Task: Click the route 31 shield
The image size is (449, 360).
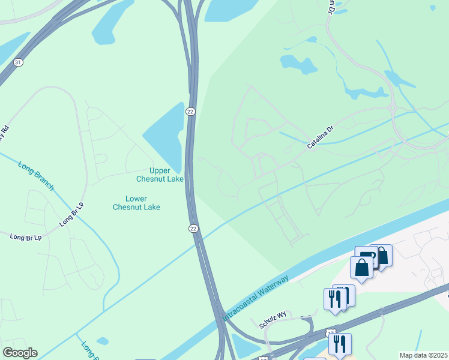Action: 19,62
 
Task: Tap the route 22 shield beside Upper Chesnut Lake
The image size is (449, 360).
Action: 190,112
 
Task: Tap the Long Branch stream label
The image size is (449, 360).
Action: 36,176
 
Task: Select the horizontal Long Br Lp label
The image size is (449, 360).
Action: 26,238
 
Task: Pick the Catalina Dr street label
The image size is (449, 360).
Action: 320,138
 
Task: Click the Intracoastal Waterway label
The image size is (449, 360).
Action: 256,298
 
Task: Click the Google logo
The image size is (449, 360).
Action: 20,352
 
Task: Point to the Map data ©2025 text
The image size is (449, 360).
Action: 423,355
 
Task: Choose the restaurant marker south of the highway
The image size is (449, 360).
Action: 340,344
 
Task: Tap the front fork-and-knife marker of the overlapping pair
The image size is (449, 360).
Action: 334,299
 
